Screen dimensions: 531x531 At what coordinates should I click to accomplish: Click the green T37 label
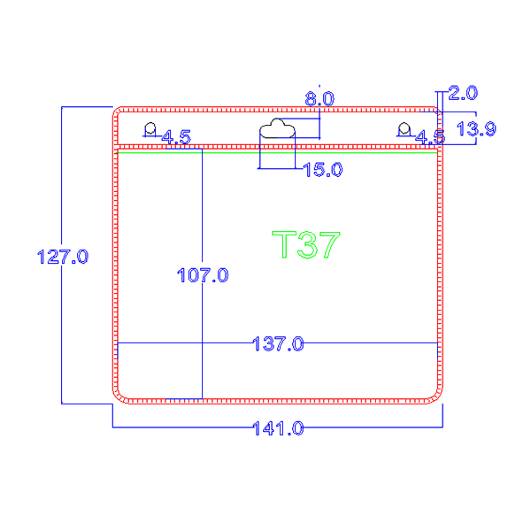[305, 244]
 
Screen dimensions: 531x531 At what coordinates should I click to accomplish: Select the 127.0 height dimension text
[61, 258]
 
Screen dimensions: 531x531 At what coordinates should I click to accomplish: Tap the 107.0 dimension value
[204, 275]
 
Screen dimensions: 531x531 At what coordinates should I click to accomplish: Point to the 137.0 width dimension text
[279, 342]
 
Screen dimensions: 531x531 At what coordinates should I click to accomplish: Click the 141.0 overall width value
[278, 428]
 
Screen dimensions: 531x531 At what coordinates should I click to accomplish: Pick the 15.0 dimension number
[322, 169]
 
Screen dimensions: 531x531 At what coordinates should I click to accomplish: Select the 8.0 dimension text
[319, 99]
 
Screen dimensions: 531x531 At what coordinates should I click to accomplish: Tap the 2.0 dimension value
[463, 92]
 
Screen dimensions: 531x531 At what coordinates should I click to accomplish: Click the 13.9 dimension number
[475, 129]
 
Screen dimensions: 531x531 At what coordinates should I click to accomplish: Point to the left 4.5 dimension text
[175, 137]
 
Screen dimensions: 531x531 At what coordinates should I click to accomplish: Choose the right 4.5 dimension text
[430, 138]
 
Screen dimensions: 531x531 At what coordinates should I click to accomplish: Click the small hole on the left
[150, 129]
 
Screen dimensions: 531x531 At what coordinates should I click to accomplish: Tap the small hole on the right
[404, 129]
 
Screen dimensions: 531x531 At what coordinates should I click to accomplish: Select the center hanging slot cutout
[277, 130]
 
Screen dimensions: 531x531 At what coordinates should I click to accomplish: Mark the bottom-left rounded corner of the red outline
[119, 395]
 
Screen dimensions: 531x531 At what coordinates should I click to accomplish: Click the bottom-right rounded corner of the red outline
[435, 395]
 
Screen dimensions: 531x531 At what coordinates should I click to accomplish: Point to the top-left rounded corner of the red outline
[119, 113]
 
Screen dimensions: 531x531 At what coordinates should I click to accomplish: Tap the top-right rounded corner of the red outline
[435, 113]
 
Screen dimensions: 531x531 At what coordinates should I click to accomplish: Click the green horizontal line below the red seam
[277, 153]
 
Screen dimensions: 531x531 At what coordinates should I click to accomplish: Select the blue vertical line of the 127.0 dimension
[61, 336]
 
